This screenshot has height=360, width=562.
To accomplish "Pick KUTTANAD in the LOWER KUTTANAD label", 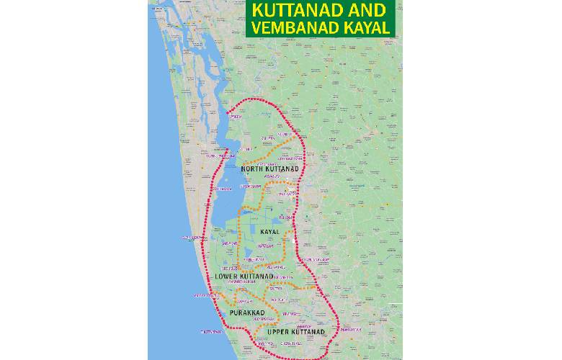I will pyautogui.click(x=259, y=276).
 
